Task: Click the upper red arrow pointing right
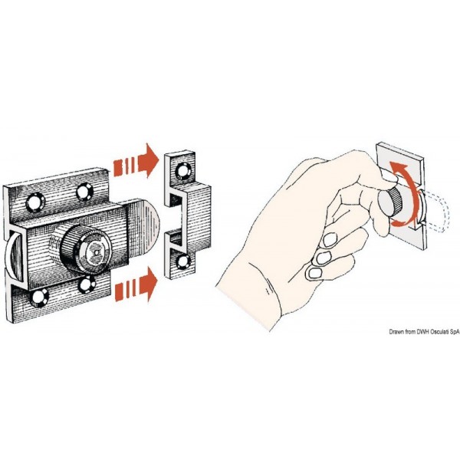pyautogui.click(x=136, y=161)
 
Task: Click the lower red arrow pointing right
pyautogui.click(x=136, y=284)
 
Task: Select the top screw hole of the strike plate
pyautogui.click(x=183, y=171)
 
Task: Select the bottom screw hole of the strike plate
pyautogui.click(x=184, y=261)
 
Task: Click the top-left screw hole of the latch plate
pyautogui.click(x=35, y=202)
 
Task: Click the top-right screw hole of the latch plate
pyautogui.click(x=84, y=192)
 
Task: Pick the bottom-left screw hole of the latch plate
pyautogui.click(x=40, y=297)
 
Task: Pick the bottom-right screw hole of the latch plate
pyautogui.click(x=87, y=284)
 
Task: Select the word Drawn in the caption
pyautogui.click(x=396, y=332)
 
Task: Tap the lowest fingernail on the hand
pyautogui.click(x=314, y=274)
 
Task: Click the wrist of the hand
pyautogui.click(x=252, y=296)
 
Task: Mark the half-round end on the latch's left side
pyautogui.click(x=15, y=254)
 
